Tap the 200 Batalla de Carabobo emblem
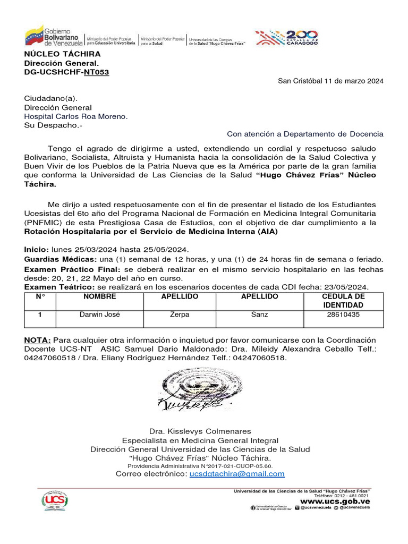[x=287, y=37]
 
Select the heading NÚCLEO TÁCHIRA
[x=62, y=54]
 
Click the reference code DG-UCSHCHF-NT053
[x=66, y=72]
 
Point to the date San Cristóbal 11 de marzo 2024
[x=330, y=81]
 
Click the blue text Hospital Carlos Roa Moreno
[x=76, y=116]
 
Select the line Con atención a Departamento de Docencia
[x=305, y=134]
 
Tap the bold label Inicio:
[x=36, y=250]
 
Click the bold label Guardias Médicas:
[x=61, y=259]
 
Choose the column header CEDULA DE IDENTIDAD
[x=343, y=301]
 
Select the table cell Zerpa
[x=179, y=314]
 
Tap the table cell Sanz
[x=259, y=314]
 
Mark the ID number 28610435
[x=343, y=314]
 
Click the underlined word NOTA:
[x=38, y=340]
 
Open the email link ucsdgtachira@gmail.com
[x=237, y=474]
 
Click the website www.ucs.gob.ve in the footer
[x=335, y=501]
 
